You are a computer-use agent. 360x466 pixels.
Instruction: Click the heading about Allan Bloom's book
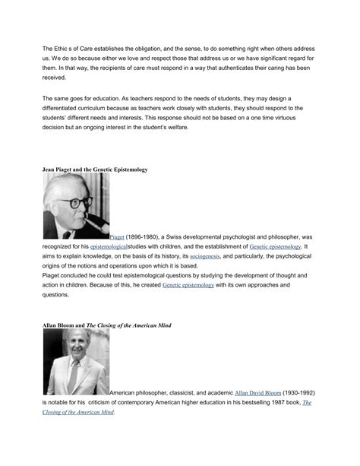[x=106, y=325]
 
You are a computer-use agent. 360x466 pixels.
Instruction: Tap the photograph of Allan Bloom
[x=75, y=361]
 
